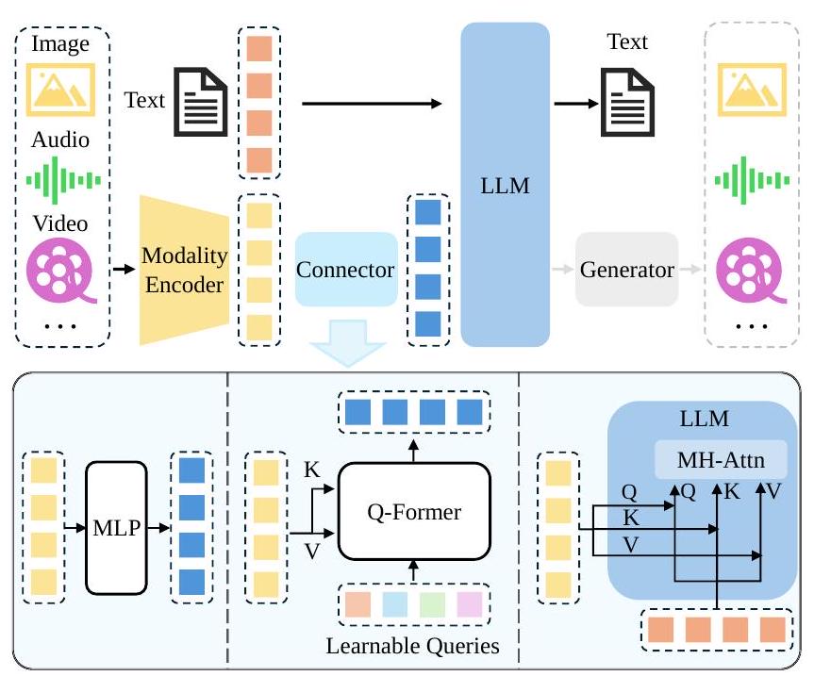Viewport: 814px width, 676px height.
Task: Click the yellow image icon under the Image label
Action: click(x=61, y=87)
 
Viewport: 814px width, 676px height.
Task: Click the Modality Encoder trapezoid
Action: click(x=186, y=270)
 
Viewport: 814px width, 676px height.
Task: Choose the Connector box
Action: click(x=345, y=270)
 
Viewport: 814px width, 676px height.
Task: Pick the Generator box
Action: click(x=626, y=270)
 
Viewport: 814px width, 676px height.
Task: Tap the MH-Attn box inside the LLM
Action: click(x=721, y=461)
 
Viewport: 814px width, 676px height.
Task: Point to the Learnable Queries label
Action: click(x=411, y=647)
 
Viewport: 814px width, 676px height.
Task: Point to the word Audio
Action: click(x=61, y=140)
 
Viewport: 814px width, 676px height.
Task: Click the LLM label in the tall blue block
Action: click(x=505, y=186)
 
